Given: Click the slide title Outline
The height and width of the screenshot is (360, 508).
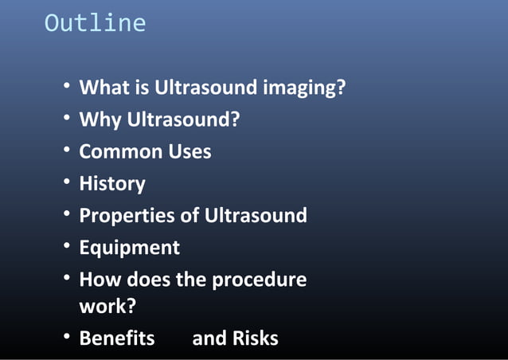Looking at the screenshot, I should click(x=95, y=23).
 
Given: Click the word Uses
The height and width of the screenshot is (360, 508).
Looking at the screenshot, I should click(x=189, y=151).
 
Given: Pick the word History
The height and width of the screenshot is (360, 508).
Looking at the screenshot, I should click(x=112, y=184).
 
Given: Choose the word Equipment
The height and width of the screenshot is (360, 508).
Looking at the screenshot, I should click(x=130, y=248).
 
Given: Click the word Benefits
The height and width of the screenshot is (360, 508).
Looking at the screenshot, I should click(x=117, y=338).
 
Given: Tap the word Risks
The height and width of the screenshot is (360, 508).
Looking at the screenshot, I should click(x=256, y=338).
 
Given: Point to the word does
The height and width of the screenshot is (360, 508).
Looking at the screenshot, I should click(x=151, y=280).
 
